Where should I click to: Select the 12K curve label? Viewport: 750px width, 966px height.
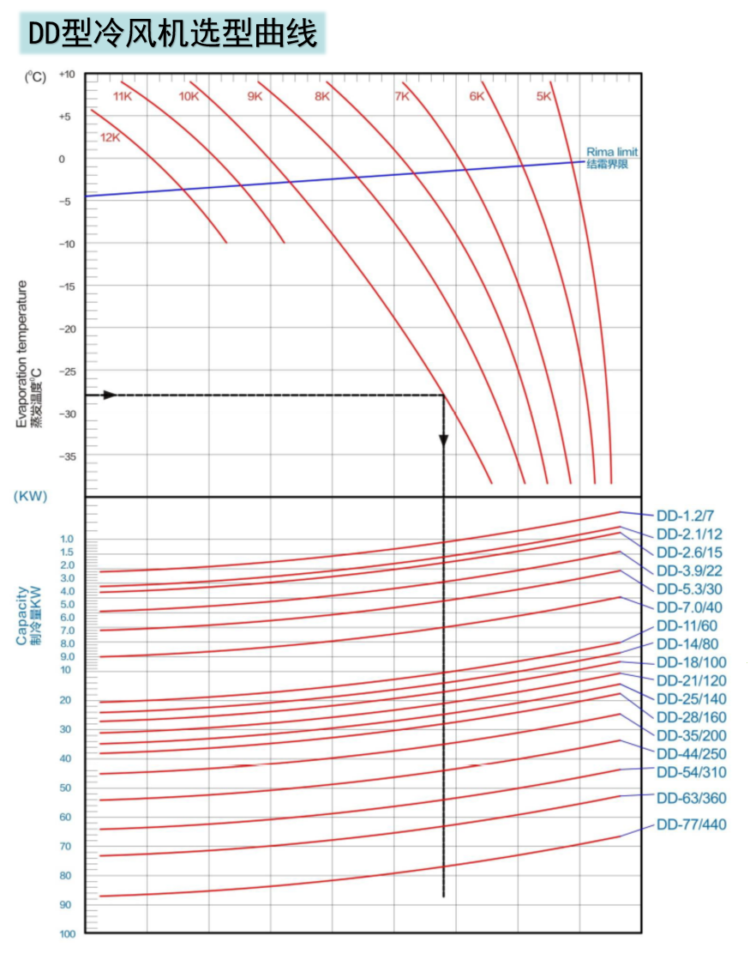click(x=111, y=138)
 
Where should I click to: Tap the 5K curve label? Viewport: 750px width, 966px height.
click(x=543, y=97)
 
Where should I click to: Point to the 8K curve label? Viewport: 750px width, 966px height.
click(x=321, y=97)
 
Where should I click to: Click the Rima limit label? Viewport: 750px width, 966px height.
click(x=612, y=152)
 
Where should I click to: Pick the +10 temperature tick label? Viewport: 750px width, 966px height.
click(x=67, y=75)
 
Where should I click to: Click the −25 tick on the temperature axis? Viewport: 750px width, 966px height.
click(x=67, y=371)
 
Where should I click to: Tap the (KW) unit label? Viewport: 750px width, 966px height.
click(x=30, y=497)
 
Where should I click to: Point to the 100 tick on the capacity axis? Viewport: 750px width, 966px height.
click(x=67, y=934)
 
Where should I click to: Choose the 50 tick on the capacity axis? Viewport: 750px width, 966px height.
click(x=66, y=788)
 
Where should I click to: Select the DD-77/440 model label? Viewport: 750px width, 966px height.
click(x=691, y=825)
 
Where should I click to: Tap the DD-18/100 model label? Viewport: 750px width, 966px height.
click(x=691, y=662)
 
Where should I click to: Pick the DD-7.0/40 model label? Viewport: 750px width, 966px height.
click(x=689, y=607)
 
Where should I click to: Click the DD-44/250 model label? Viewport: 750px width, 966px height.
click(x=691, y=754)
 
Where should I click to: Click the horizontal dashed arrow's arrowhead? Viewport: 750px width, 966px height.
click(x=109, y=395)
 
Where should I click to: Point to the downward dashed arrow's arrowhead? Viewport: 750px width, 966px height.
click(x=443, y=440)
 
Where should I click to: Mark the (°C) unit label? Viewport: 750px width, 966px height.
click(x=35, y=76)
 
